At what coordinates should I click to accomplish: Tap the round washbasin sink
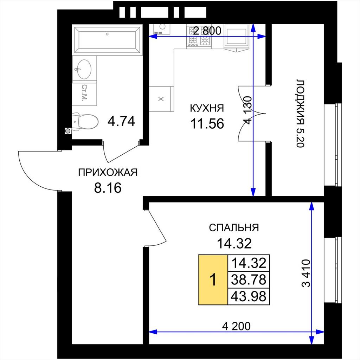[84, 69]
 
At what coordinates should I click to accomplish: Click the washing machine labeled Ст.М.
[84, 93]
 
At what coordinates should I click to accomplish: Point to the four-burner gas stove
[199, 36]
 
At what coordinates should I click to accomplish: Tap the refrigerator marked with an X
[161, 99]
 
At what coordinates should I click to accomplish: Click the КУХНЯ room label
[207, 108]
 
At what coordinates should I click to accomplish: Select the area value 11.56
[207, 124]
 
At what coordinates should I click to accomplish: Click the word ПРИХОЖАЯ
[108, 172]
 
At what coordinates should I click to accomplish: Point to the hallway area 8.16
[108, 188]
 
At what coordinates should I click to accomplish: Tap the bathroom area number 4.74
[121, 121]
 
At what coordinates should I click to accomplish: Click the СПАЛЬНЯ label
[234, 227]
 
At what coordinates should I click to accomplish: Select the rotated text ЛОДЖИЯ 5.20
[300, 114]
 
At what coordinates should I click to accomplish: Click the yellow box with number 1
[213, 279]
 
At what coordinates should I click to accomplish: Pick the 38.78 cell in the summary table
[249, 279]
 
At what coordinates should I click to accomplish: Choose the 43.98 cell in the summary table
[249, 296]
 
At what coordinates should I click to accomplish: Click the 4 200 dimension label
[237, 326]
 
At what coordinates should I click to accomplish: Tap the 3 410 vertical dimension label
[306, 273]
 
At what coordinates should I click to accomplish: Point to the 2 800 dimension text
[207, 31]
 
